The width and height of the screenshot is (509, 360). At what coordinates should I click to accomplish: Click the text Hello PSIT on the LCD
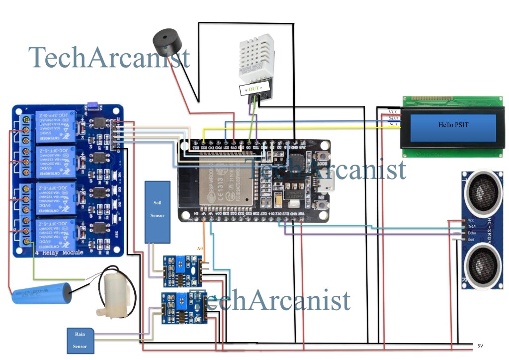[453, 125]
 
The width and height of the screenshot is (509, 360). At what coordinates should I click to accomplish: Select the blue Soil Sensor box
[158, 211]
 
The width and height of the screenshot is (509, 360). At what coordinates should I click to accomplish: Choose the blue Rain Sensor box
[80, 341]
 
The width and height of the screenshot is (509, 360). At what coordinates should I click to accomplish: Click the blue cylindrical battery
[42, 293]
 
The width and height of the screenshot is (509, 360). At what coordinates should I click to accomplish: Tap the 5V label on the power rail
[480, 345]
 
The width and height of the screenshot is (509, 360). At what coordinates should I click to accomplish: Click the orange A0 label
[200, 248]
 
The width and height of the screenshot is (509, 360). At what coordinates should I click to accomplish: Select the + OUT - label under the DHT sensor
[255, 89]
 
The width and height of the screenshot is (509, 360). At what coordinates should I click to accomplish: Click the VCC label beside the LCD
[393, 112]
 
